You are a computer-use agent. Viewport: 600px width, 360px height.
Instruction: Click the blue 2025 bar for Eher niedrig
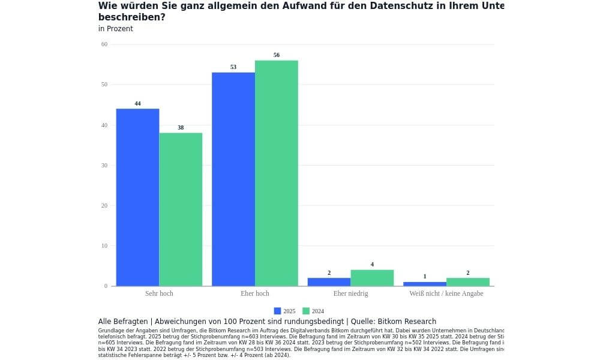[x=329, y=282]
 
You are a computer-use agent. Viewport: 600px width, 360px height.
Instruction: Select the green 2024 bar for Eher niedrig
[x=372, y=278]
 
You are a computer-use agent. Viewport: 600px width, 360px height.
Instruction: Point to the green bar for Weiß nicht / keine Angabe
[x=468, y=282]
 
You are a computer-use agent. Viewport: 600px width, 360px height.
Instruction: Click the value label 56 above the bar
[x=277, y=55]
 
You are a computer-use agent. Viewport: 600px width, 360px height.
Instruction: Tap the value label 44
[x=137, y=104]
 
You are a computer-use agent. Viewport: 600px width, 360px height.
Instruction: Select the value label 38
[x=181, y=128]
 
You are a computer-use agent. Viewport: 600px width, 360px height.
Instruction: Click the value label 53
[x=233, y=67]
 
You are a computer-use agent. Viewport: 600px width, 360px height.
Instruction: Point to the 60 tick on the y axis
[x=104, y=44]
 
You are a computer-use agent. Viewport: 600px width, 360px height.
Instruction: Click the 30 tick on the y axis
[x=104, y=166]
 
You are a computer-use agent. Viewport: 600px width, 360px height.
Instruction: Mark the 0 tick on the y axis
[x=106, y=286]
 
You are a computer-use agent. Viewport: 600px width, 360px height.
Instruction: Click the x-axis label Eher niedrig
[x=350, y=294]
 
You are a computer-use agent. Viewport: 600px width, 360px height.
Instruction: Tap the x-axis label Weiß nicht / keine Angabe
[x=446, y=294]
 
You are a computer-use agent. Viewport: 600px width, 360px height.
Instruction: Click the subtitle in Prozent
[x=116, y=29]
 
